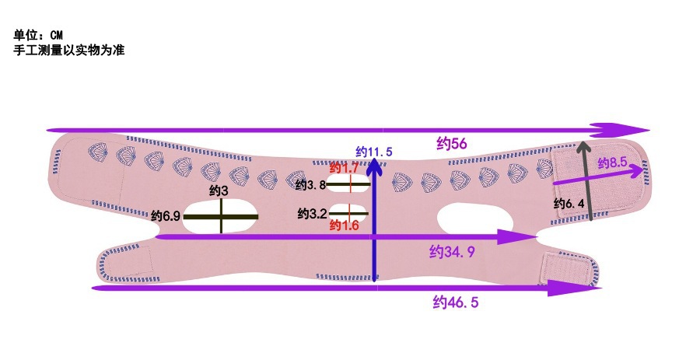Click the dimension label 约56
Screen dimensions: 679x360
coord(451,143)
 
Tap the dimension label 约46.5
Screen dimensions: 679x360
coord(455,302)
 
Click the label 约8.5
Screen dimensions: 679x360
coord(612,163)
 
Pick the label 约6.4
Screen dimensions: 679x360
coord(569,204)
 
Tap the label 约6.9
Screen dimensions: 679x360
coord(166,215)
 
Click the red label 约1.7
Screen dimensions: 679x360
coord(344,168)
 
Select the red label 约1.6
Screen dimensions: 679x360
coord(344,225)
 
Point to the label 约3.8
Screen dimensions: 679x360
coord(310,185)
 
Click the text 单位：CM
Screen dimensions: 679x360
coord(37,35)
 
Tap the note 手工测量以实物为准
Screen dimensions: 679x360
coord(69,50)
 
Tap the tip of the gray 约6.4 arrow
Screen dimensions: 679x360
coord(585,145)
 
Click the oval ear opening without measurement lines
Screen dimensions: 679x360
coord(470,219)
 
